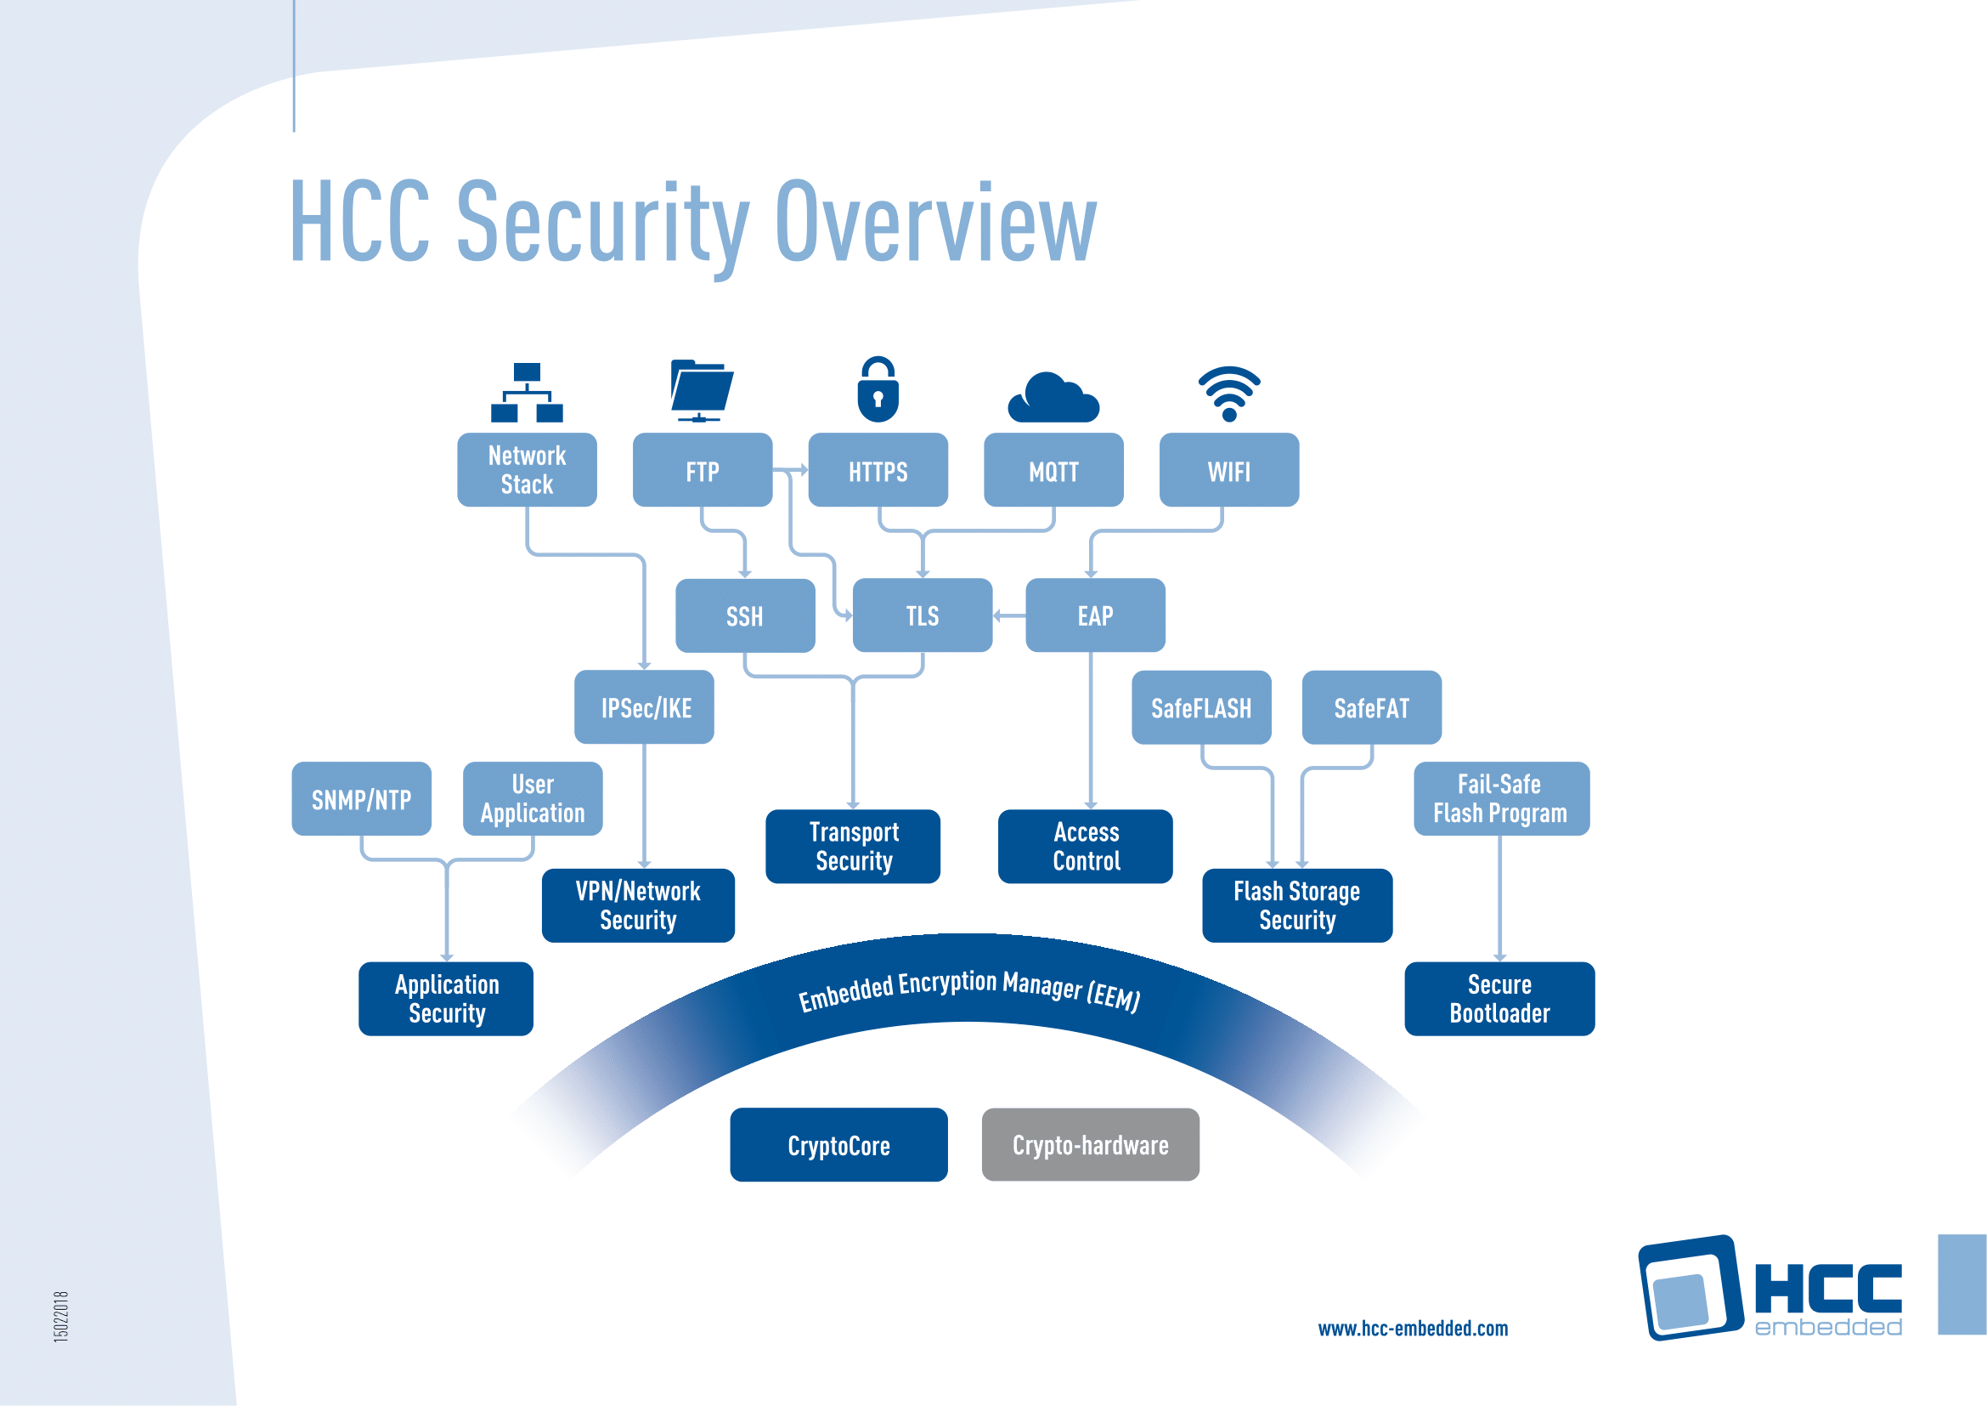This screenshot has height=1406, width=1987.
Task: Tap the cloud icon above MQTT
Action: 1053,398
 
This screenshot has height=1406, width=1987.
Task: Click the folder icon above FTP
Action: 701,390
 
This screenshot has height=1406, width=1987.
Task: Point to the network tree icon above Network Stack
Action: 527,392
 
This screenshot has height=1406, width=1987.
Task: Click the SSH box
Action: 745,615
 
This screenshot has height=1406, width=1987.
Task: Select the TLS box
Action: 923,615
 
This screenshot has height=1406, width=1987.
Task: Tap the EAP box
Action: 1096,615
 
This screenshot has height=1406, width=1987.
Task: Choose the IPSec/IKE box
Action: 645,707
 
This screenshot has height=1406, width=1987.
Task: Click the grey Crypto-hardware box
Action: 1091,1144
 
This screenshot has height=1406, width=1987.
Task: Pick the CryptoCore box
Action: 838,1144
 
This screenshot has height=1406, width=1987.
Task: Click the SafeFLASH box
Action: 1201,707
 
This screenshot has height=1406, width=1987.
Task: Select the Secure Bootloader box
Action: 1499,999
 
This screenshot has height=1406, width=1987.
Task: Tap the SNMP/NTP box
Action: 362,799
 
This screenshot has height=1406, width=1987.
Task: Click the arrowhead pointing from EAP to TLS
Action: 997,615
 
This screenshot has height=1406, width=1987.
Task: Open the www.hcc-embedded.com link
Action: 1414,1329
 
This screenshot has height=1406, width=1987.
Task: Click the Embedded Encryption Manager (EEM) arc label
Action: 969,989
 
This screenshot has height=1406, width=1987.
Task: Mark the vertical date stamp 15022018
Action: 60,1316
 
